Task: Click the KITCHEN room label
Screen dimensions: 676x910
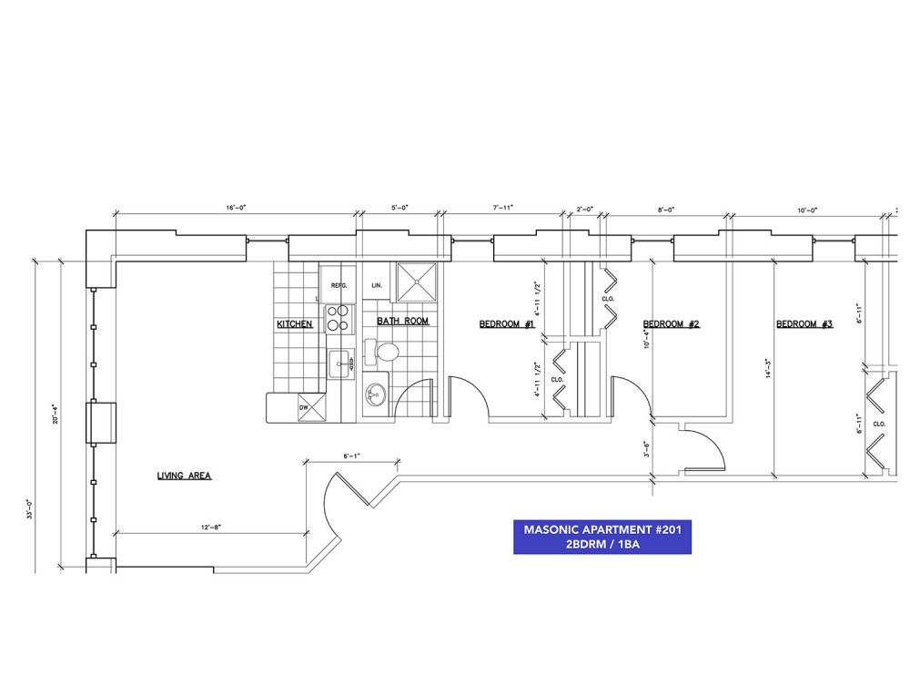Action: pos(295,324)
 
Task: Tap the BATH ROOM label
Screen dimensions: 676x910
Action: pos(402,321)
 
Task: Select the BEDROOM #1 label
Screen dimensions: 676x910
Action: pos(507,324)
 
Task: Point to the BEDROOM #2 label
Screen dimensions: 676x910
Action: pos(671,324)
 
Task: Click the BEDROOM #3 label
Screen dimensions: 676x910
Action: pos(804,324)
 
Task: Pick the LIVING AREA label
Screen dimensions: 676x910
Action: pos(184,476)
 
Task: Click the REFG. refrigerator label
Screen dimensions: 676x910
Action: pos(339,285)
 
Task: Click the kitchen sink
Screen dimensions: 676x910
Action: pos(342,364)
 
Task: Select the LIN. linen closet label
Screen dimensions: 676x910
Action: pos(376,285)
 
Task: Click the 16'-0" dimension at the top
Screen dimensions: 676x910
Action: pos(235,209)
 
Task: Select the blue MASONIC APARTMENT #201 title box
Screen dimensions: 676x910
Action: pos(602,537)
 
